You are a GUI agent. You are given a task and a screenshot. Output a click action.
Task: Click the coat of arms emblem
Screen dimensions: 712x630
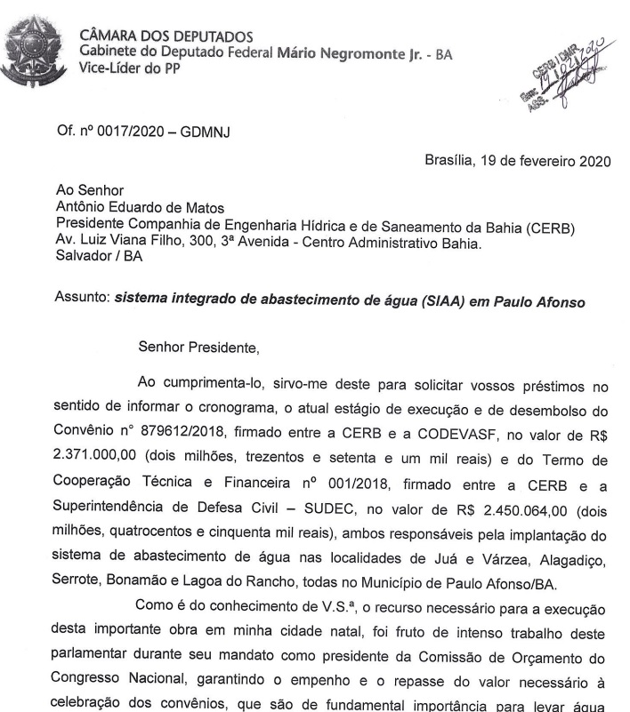coord(33,52)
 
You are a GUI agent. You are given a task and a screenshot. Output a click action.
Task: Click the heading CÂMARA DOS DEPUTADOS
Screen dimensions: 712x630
coord(166,36)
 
